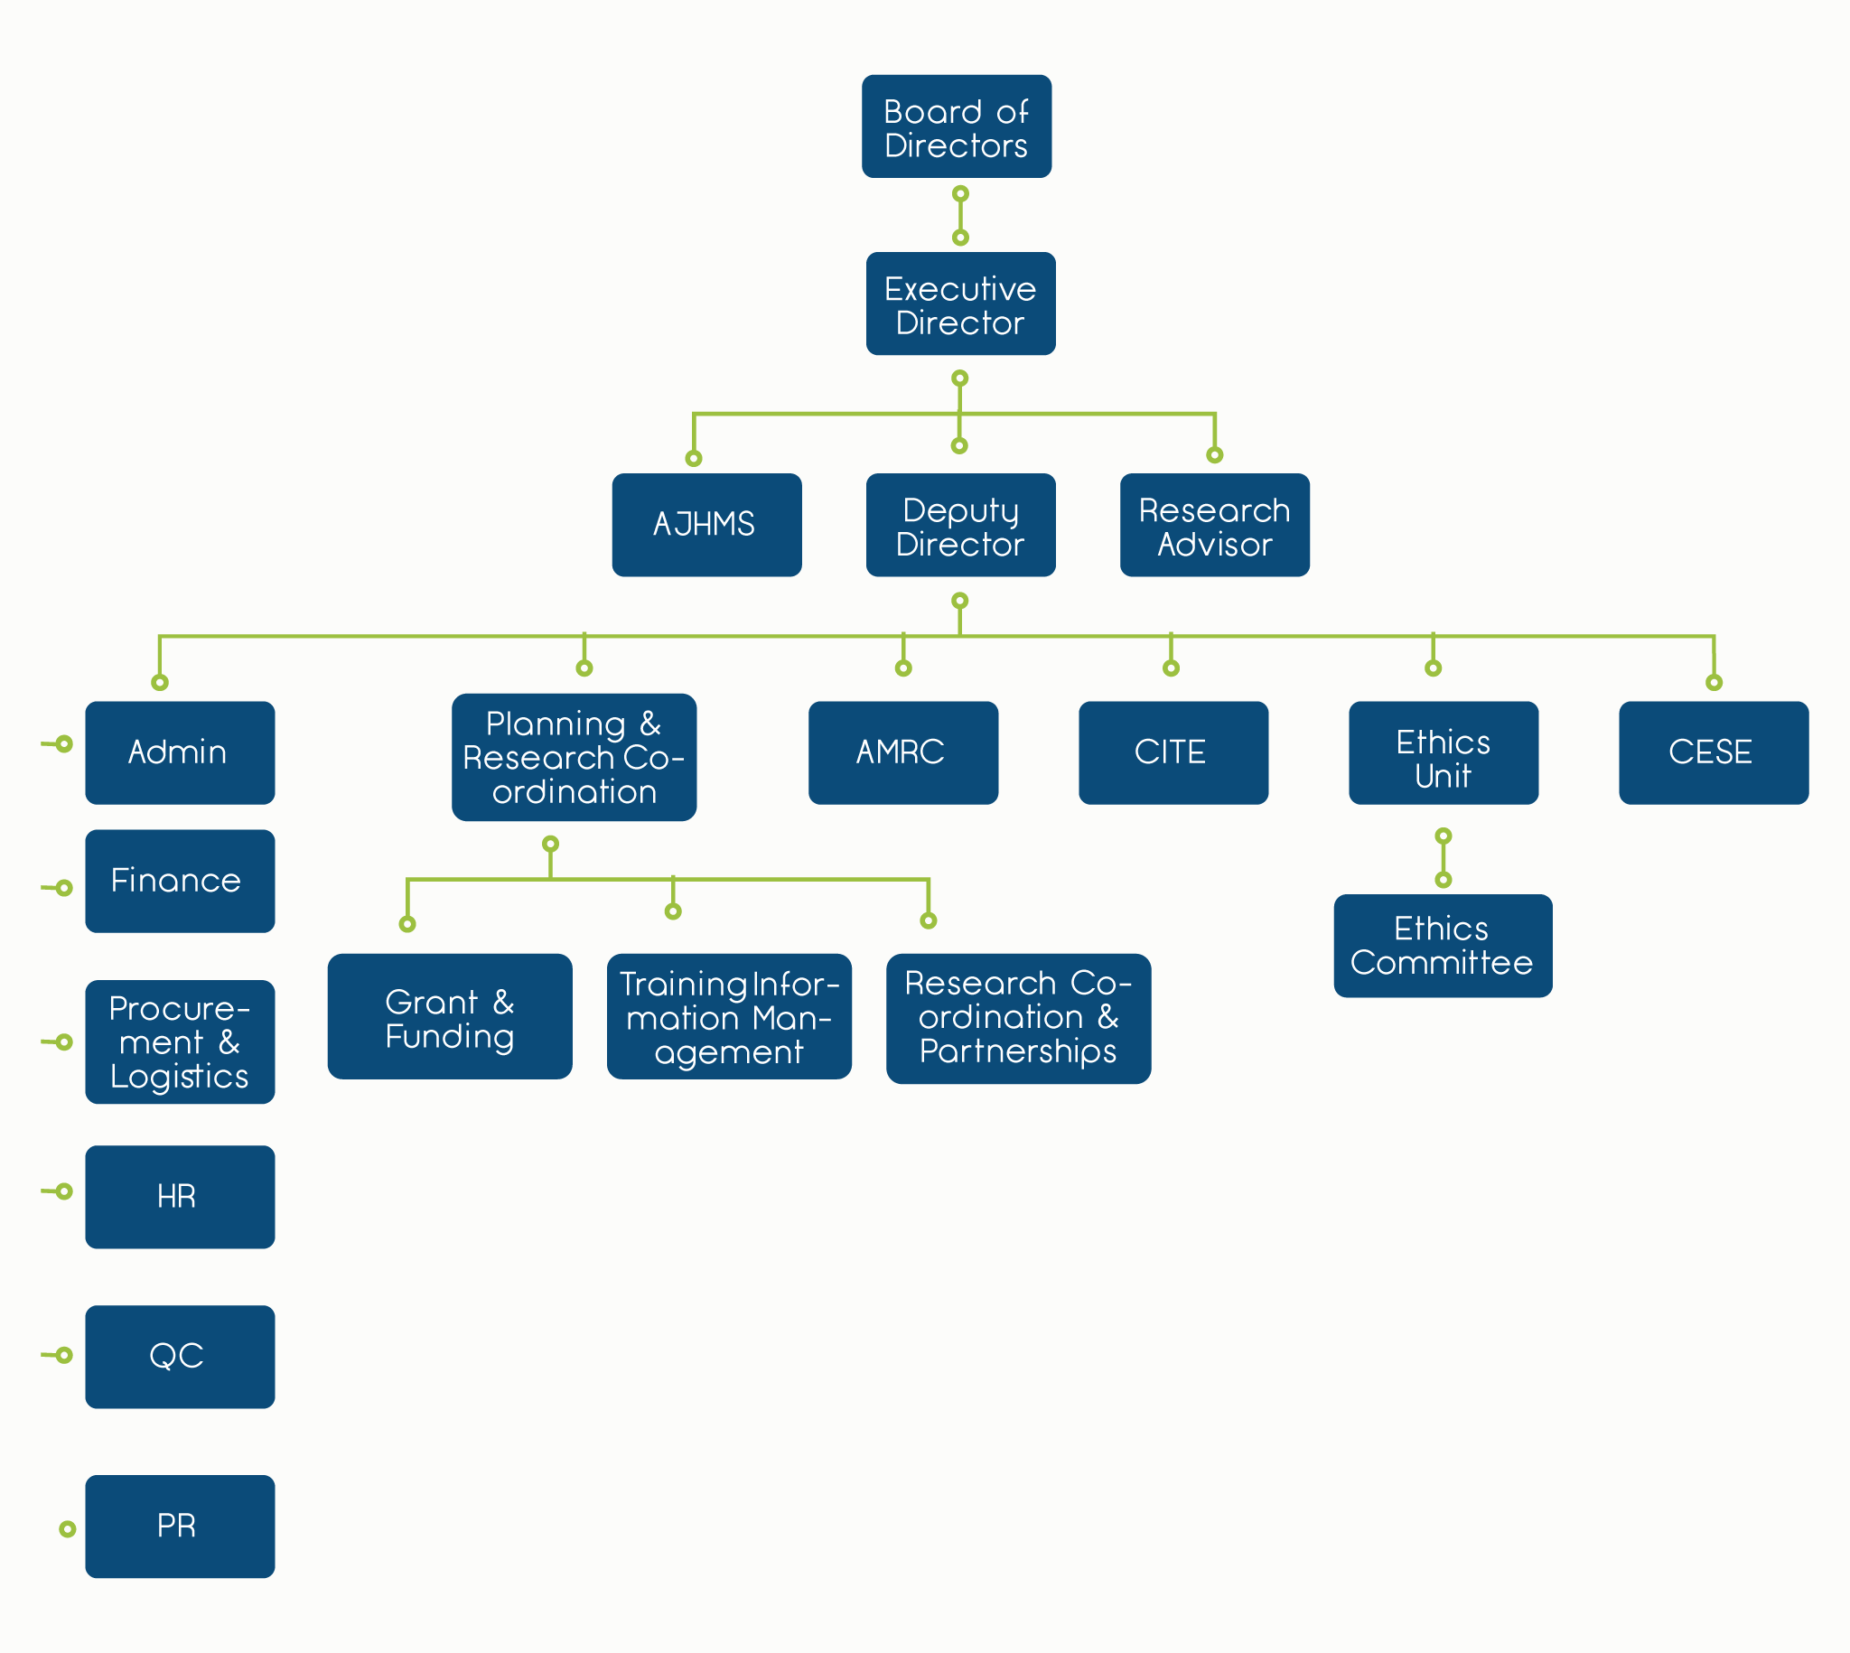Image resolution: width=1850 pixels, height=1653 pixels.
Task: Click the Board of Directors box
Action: coord(957,126)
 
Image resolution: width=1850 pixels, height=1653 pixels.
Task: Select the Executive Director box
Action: coord(960,304)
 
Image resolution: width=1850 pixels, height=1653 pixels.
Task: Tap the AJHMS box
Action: coord(706,524)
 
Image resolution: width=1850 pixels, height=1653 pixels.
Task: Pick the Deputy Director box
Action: coord(960,524)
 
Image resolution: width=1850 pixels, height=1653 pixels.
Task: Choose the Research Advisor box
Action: coord(1214,524)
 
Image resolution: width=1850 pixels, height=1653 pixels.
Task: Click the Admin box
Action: coord(180,752)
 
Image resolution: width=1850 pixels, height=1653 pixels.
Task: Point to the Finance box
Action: coord(180,880)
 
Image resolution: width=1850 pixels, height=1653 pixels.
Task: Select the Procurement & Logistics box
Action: coord(180,1041)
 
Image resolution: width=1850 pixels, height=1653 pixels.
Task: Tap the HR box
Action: coord(180,1196)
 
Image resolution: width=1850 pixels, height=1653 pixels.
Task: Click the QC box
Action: coord(180,1356)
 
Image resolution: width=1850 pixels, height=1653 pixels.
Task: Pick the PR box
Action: coord(180,1526)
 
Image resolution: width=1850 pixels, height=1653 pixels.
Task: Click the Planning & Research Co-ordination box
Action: coord(574,757)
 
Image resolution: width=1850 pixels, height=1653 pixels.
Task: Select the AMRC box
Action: coord(902,752)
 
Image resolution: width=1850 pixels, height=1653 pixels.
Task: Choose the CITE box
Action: coord(1173,752)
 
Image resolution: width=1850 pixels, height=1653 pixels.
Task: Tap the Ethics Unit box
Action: coord(1444,752)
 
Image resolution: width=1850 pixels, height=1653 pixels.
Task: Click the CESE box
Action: coord(1713,752)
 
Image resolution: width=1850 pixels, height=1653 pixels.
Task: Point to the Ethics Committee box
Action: coord(1443,946)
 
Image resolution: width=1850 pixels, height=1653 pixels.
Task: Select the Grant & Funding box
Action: coord(450,1015)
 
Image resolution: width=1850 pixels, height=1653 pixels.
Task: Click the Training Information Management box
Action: coord(728,1015)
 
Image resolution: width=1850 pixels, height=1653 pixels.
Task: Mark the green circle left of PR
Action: coord(67,1529)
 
